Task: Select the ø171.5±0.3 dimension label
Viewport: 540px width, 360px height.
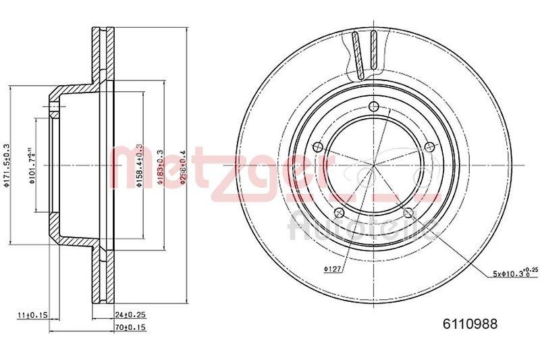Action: (x=7, y=166)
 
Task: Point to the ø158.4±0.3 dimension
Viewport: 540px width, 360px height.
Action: (x=140, y=166)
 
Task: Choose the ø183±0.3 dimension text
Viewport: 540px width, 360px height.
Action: (x=161, y=166)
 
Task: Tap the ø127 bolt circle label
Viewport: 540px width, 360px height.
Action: (x=331, y=270)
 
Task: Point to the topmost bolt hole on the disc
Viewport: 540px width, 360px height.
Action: (x=375, y=105)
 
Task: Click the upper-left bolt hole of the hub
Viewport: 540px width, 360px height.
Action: (x=318, y=147)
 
